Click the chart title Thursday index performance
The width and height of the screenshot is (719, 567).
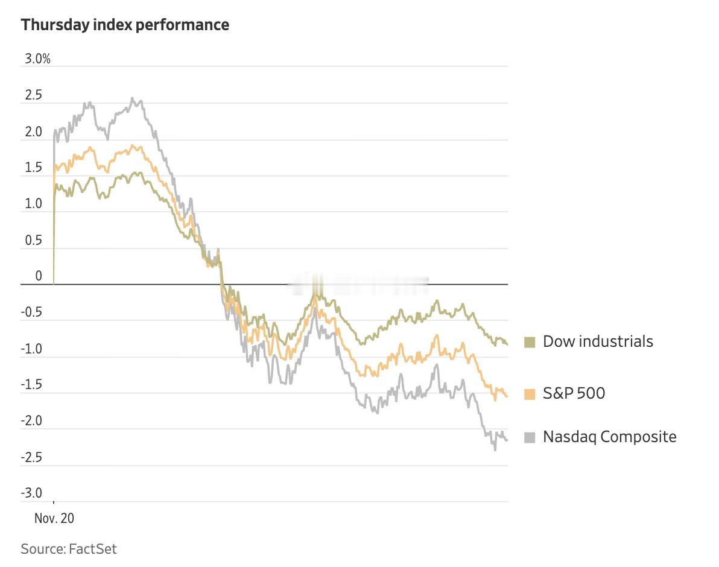[x=125, y=25]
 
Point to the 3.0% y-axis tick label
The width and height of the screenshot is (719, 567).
[x=37, y=59]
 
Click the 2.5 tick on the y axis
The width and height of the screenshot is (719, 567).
[x=34, y=95]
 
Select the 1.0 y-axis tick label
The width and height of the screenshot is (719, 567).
[x=34, y=204]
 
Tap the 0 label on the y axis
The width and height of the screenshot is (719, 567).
[x=39, y=276]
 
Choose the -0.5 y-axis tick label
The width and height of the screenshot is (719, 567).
[x=32, y=312]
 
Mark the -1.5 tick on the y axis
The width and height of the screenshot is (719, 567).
[x=32, y=385]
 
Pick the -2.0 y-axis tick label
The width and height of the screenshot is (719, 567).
[x=32, y=421]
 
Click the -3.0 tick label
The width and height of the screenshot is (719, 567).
[x=32, y=493]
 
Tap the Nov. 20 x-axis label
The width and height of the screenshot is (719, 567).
[x=54, y=518]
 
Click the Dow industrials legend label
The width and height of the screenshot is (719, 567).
[x=598, y=341]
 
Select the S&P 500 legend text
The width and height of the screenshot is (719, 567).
[x=574, y=393]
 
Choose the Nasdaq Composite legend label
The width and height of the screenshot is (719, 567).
[x=609, y=437]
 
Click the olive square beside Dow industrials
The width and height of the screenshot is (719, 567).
[x=530, y=343]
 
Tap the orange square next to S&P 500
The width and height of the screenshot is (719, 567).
[x=530, y=394]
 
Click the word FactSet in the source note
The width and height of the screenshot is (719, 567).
[x=93, y=549]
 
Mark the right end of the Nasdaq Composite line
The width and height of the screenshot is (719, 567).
[x=507, y=440]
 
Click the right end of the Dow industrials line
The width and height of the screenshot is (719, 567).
[x=507, y=344]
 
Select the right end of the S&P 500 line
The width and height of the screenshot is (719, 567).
[x=507, y=396]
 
